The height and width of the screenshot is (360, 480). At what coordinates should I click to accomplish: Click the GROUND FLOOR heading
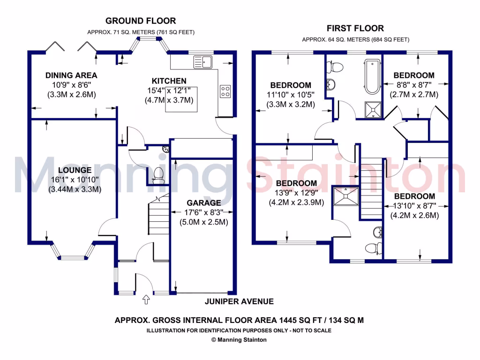(141, 21)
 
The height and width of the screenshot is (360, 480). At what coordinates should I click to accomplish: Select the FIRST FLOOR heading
(355, 28)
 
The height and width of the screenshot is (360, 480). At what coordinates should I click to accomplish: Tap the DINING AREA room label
(71, 75)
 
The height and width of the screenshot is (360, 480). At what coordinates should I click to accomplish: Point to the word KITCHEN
(169, 81)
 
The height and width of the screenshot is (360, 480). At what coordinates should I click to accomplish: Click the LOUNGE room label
(75, 170)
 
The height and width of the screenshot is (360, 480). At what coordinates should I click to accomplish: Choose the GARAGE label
(203, 203)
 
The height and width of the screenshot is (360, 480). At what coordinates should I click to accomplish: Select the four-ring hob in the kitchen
(225, 90)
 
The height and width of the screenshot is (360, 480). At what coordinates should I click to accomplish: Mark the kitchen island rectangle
(180, 100)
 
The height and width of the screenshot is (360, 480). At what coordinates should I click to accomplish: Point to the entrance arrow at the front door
(145, 298)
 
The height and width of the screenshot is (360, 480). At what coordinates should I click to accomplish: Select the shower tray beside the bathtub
(373, 110)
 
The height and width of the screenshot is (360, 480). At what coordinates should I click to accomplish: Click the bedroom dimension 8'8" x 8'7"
(413, 85)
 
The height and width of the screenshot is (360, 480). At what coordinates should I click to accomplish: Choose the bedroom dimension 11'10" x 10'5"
(291, 95)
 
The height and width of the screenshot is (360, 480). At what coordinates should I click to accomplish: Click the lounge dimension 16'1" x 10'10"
(75, 180)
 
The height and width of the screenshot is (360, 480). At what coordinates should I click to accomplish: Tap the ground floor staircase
(158, 216)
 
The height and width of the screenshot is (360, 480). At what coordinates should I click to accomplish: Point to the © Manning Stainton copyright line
(239, 340)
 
